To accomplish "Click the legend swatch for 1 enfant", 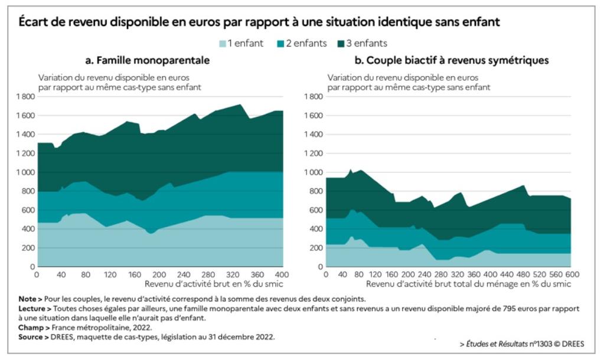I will (223, 43).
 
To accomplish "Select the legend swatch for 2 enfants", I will (280, 43).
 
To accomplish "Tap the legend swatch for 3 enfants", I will (341, 43).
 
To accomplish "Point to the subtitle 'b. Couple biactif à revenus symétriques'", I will (452, 60).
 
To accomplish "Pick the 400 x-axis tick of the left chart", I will (283, 274).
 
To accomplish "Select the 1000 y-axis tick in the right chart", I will (314, 172).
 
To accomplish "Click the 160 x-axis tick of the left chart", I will (135, 274).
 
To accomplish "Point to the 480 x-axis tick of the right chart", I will (523, 274).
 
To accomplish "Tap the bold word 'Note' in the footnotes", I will (27, 299).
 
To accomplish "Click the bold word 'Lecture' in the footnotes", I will (32, 308).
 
